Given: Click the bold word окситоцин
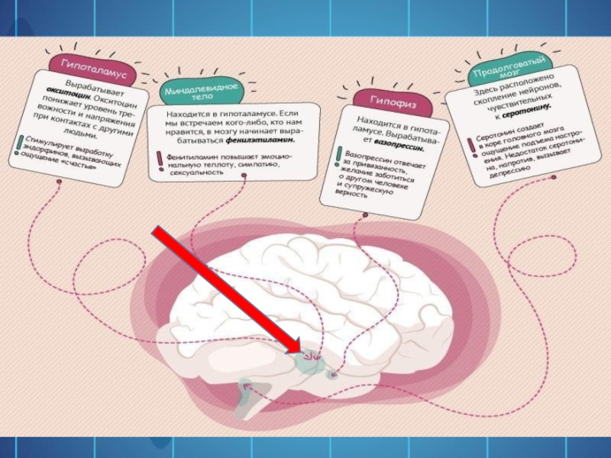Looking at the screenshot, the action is click(x=71, y=98).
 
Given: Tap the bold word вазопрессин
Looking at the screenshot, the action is click(x=398, y=145).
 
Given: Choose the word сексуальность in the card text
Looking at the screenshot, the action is click(x=195, y=173).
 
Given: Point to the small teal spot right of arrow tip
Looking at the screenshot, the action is click(x=334, y=373).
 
